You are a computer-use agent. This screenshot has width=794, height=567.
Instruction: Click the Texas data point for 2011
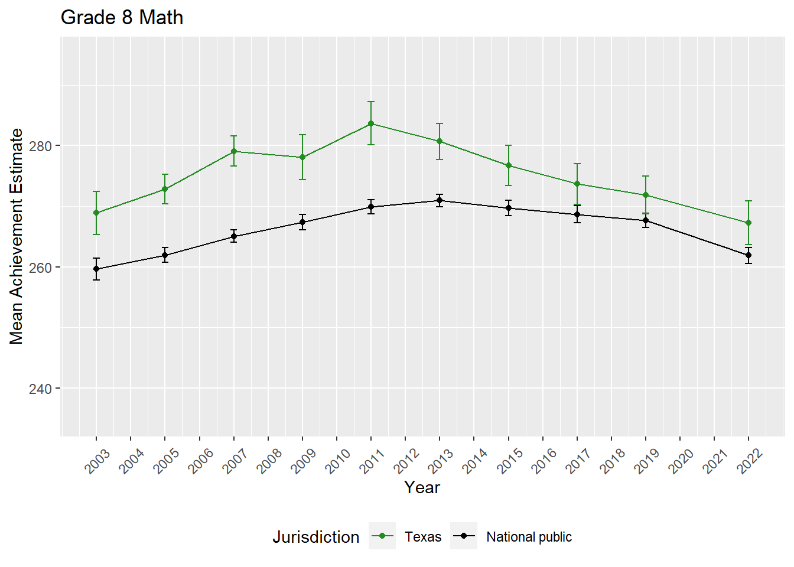371,123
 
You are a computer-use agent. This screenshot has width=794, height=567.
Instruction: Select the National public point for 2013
440,201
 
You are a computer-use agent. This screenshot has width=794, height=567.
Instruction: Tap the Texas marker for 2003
96,213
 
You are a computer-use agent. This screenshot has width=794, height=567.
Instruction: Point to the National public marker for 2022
749,255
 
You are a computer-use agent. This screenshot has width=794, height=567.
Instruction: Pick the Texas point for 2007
234,151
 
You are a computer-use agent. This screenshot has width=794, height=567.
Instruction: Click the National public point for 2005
165,255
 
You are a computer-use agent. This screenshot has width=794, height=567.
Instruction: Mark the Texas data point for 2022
749,223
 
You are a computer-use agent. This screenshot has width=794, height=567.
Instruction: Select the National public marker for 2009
302,223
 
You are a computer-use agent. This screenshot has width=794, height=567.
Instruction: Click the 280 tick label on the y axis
41,146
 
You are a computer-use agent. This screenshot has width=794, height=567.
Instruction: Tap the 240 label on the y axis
41,389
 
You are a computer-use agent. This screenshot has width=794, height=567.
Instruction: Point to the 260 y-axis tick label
41,268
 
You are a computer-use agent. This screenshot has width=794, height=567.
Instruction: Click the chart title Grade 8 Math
122,18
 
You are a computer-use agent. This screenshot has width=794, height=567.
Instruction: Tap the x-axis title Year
422,487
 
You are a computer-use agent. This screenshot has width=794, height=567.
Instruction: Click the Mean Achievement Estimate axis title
17,236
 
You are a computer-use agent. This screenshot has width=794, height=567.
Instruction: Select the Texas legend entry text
423,537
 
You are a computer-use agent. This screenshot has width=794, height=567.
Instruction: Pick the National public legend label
529,537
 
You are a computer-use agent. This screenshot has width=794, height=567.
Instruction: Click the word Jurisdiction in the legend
315,537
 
